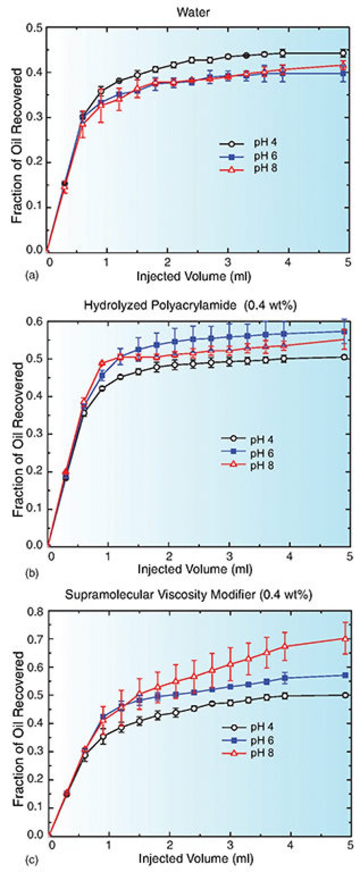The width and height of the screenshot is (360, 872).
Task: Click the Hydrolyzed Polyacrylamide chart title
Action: tap(190, 306)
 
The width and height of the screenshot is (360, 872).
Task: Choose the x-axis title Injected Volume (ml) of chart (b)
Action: tap(194, 569)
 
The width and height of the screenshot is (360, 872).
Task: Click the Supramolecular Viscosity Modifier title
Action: tap(189, 594)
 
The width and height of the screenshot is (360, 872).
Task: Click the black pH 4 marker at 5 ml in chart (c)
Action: tap(345, 695)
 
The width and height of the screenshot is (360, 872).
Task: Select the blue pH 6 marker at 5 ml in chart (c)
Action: tap(345, 675)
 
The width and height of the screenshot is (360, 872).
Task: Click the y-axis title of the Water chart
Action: tap(17, 146)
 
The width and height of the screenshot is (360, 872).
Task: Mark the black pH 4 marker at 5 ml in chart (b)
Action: tap(344, 357)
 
